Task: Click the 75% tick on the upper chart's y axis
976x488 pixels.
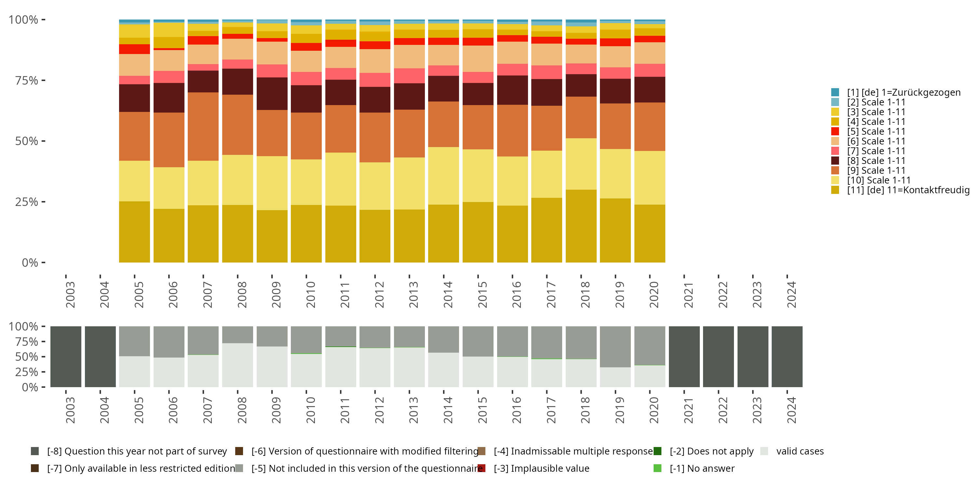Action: click(x=27, y=81)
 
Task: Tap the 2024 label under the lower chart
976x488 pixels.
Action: click(x=792, y=410)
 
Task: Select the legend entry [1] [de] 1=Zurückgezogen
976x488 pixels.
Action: click(x=904, y=92)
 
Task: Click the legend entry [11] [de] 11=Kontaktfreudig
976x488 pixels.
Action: click(x=907, y=190)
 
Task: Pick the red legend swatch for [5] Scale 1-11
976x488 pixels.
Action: click(x=835, y=131)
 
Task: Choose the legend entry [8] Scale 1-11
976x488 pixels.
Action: click(x=876, y=161)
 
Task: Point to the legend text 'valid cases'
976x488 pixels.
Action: click(x=800, y=451)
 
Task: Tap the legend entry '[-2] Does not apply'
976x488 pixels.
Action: click(x=711, y=451)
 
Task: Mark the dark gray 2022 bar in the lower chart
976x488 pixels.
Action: click(x=718, y=357)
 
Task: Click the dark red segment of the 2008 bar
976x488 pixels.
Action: click(x=237, y=81)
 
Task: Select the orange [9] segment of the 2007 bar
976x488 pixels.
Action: click(x=203, y=127)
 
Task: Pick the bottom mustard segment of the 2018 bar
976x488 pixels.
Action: click(x=581, y=226)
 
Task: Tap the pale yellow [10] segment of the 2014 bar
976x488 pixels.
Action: click(x=444, y=176)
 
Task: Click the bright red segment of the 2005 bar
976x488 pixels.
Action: click(x=134, y=49)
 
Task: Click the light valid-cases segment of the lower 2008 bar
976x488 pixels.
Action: click(x=237, y=365)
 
